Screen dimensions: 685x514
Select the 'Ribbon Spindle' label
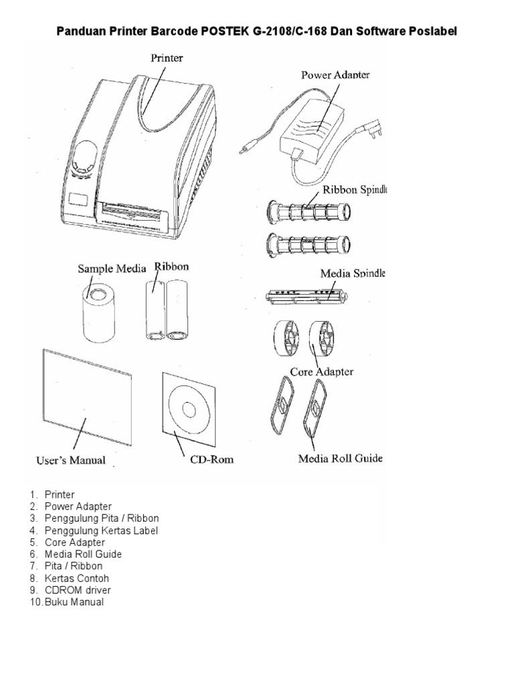[355, 189]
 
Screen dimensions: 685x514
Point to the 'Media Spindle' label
[353, 274]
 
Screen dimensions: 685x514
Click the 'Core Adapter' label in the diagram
[321, 371]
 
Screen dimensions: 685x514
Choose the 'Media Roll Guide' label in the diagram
[340, 459]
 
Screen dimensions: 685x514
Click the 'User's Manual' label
[70, 460]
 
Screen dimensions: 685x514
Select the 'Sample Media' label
[112, 268]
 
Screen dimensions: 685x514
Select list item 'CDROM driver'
[78, 590]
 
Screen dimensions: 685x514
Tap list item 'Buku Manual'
[74, 602]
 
